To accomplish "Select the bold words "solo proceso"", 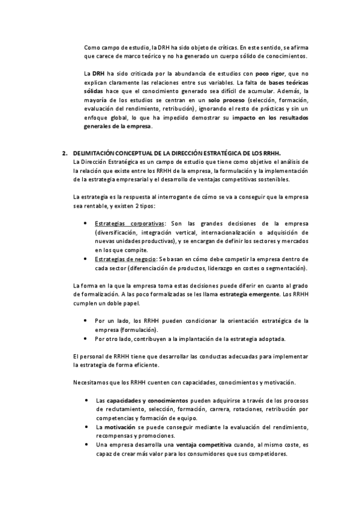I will click(227, 100).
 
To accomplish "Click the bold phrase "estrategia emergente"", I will click(249, 295).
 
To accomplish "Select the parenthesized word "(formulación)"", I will click(139, 330).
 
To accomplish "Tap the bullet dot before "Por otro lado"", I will click(89, 339).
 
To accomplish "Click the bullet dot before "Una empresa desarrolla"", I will click(89, 445).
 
